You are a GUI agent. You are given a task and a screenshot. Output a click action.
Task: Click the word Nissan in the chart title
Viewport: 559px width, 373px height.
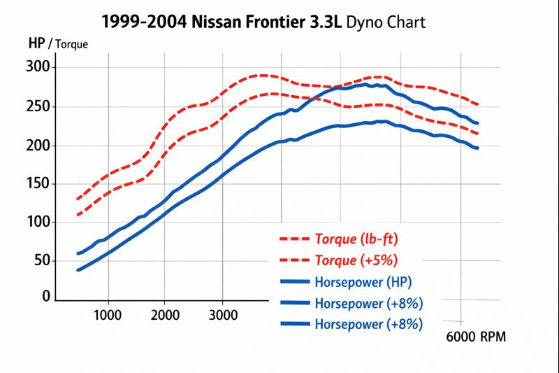tap(212, 21)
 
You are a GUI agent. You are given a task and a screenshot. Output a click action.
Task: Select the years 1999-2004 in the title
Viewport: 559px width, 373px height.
tap(144, 21)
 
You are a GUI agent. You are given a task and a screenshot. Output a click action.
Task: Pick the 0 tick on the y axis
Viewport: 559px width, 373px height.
tap(47, 297)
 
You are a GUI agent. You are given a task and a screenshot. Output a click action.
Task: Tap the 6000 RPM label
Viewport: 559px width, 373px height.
tap(475, 337)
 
